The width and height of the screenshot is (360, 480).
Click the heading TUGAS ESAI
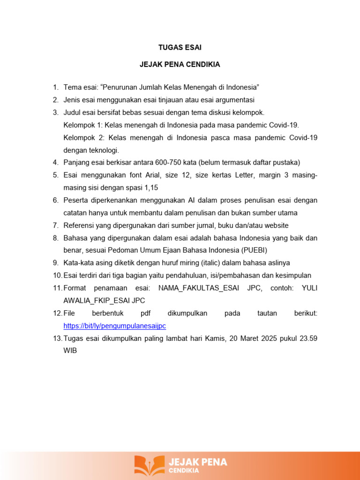click(180, 48)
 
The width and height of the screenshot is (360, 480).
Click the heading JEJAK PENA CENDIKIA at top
click(180, 65)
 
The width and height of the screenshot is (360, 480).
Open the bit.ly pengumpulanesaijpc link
click(115, 325)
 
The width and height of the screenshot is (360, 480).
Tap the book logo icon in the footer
click(150, 465)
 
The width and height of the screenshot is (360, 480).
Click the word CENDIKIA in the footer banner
click(184, 470)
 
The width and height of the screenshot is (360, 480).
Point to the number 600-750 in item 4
click(177, 163)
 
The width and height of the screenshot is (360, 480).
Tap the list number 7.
click(55, 225)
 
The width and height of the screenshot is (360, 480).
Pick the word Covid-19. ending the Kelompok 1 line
click(284, 125)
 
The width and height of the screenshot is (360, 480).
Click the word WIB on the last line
click(70, 350)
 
